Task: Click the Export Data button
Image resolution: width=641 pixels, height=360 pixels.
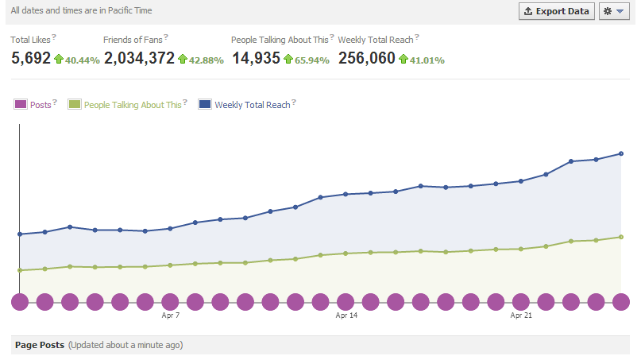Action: pos(556,11)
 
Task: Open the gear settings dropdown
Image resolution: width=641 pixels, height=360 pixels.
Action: pos(614,11)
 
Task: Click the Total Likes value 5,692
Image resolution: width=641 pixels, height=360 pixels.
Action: pos(31,58)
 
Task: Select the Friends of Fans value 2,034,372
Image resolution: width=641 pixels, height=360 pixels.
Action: pos(140,58)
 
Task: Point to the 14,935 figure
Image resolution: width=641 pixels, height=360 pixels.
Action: pos(257,58)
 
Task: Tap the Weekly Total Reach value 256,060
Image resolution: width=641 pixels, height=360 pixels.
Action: pos(367,58)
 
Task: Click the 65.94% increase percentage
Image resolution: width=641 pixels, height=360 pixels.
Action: pos(312,60)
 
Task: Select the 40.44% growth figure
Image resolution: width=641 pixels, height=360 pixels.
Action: pos(82,60)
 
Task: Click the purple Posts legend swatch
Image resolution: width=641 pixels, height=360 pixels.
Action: pos(21,104)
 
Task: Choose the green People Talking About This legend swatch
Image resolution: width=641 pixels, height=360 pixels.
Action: pos(75,104)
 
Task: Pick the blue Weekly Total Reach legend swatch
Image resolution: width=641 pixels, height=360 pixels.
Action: pos(205,104)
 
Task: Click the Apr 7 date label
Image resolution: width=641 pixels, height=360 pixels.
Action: pos(171,315)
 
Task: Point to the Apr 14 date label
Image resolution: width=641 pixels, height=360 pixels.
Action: pos(346,315)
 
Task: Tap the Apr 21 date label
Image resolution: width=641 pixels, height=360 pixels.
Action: pos(521,315)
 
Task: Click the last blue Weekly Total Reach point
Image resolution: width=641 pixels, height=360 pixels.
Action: pos(621,154)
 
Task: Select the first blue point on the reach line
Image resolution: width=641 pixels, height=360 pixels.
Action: pos(20,234)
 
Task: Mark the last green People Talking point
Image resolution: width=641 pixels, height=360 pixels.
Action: pos(621,238)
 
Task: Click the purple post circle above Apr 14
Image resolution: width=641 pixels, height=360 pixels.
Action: pos(346,302)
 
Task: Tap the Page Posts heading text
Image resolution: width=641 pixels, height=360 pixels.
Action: pos(40,345)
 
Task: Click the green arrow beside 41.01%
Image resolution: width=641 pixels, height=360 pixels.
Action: pos(404,59)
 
